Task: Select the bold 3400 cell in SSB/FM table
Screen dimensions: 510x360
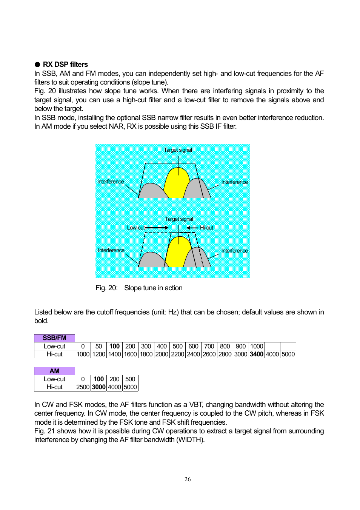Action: [x=256, y=354]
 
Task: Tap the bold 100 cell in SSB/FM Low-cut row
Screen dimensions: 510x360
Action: [x=114, y=346]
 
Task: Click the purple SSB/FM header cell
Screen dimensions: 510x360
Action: [x=54, y=338]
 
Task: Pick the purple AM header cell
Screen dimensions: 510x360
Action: [x=54, y=371]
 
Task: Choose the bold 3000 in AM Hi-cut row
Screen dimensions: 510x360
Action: [x=98, y=387]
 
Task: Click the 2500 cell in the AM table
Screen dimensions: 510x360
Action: [x=83, y=387]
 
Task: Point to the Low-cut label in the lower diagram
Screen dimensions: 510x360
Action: [x=135, y=228]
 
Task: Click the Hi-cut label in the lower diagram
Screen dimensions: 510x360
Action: [x=206, y=228]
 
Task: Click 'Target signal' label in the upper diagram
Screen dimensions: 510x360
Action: [x=178, y=150]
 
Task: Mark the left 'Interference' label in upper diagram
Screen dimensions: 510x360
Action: [x=111, y=182]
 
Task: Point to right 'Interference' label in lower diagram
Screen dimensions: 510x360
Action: [x=234, y=251]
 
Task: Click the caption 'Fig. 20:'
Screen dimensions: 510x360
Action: [x=106, y=288]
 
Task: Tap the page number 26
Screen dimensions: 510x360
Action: [x=188, y=479]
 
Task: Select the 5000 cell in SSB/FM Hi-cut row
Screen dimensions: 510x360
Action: [x=288, y=354]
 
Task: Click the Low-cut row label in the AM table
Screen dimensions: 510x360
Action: [x=54, y=379]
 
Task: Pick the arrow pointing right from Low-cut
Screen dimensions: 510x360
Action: [x=157, y=228]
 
